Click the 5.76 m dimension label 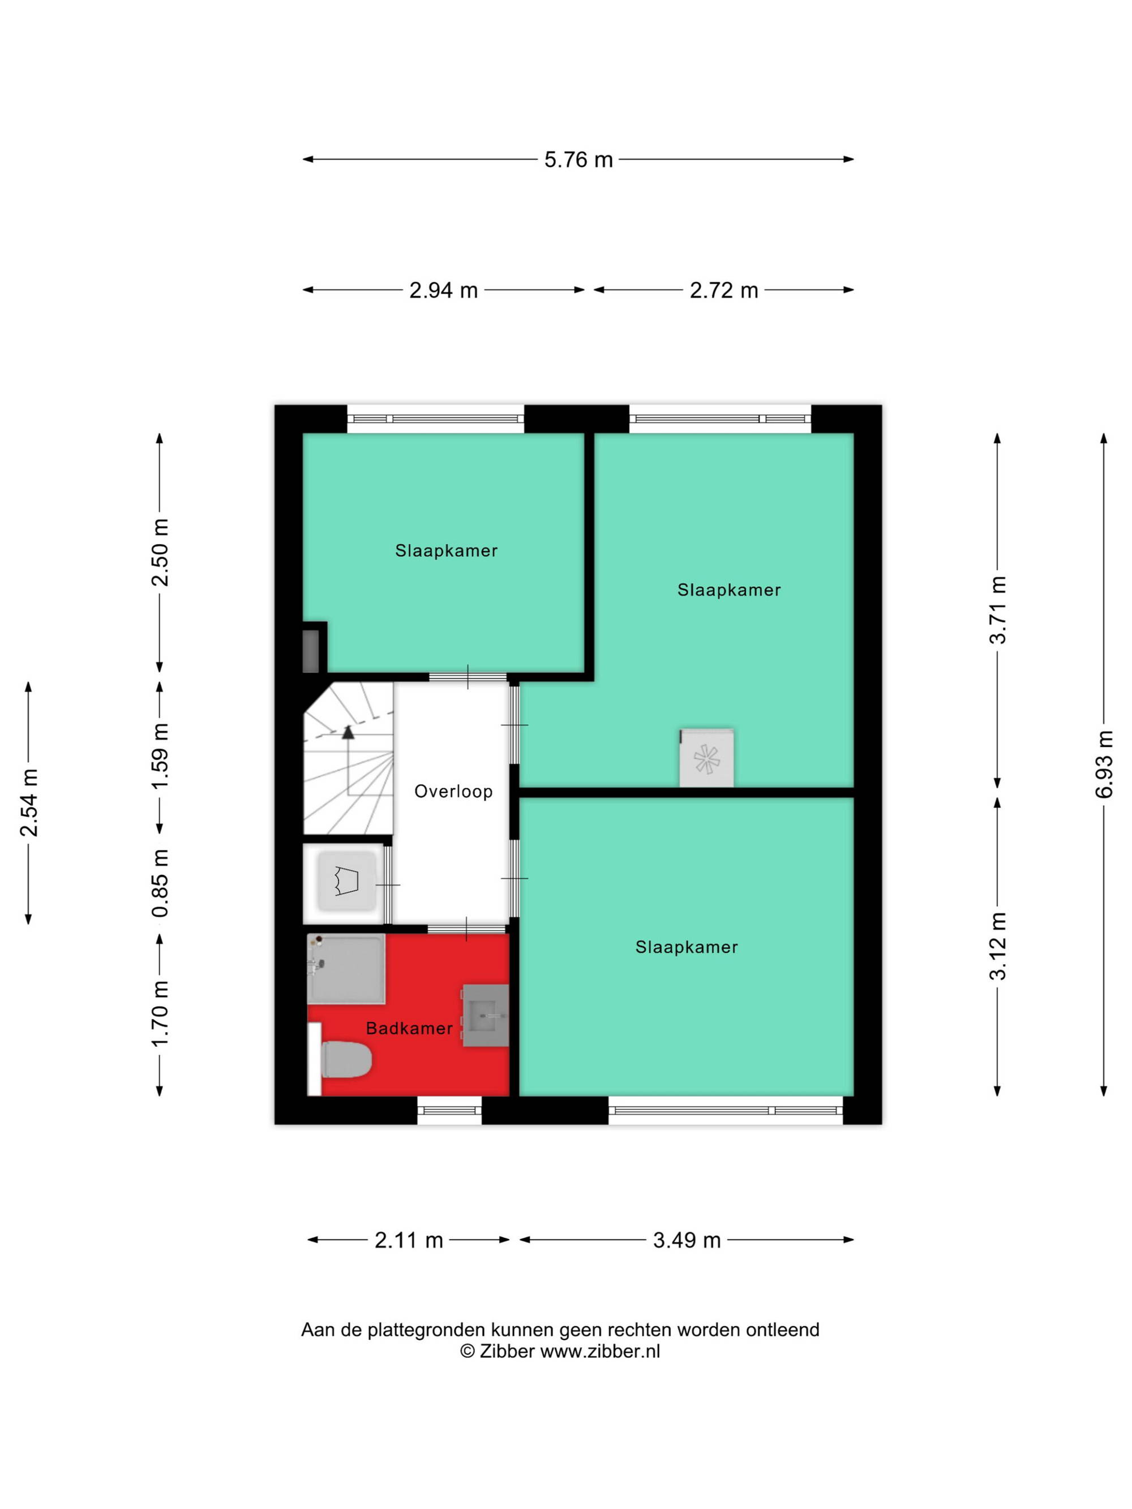point(578,160)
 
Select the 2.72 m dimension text point(723,290)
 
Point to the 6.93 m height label point(1103,764)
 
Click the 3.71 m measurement point(998,610)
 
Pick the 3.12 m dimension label point(998,946)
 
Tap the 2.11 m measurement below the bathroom point(409,1240)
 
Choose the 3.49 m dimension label point(687,1240)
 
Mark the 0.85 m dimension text point(160,883)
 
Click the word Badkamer point(409,1028)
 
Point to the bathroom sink point(486,1015)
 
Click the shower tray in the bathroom point(346,969)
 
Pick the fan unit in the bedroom point(707,759)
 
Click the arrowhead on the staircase point(348,733)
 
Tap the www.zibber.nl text point(601,1351)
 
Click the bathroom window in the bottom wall point(449,1110)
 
